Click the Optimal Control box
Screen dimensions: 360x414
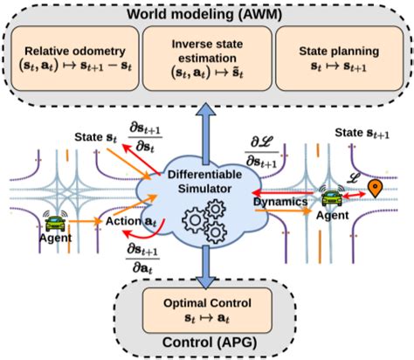208,308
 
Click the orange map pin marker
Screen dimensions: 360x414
376,188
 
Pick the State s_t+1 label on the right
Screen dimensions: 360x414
358,133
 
